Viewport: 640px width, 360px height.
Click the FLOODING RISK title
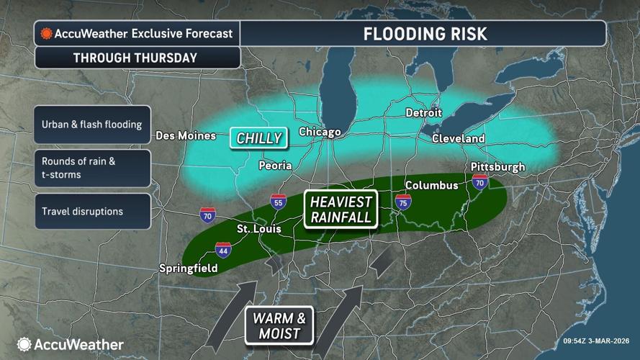pos(425,33)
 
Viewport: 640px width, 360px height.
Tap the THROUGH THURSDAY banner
pos(135,58)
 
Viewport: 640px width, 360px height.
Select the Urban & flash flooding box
pos(91,125)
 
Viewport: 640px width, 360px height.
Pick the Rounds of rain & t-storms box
pos(91,168)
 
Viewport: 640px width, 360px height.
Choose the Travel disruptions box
pos(91,212)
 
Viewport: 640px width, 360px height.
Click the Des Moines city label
pos(186,136)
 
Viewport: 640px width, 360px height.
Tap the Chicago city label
pos(320,132)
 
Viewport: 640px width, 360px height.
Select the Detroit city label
pos(423,112)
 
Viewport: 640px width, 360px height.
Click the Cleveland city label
pos(459,138)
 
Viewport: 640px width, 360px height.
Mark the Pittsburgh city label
pos(497,167)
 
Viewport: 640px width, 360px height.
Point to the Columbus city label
pos(431,185)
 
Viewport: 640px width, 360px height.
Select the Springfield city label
pos(187,269)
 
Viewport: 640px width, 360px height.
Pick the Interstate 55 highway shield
pos(278,202)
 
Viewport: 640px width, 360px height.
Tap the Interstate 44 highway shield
pos(223,250)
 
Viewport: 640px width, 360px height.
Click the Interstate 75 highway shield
pos(403,201)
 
